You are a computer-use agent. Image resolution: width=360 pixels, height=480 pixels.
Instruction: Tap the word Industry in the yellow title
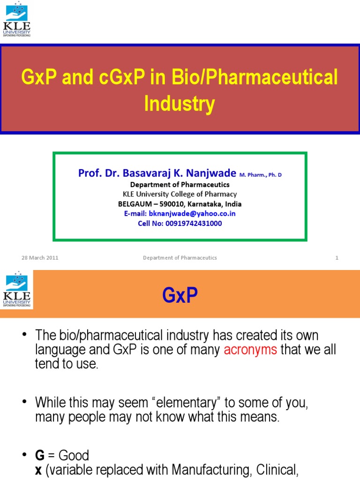tap(180, 104)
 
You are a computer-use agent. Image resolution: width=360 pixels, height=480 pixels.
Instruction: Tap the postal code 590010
tap(173, 204)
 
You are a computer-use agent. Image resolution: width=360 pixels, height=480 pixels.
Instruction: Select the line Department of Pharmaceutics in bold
tap(180, 184)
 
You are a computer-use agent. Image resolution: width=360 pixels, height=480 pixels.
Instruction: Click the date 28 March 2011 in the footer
tap(40, 258)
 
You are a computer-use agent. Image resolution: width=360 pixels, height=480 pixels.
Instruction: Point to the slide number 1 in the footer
tap(337, 258)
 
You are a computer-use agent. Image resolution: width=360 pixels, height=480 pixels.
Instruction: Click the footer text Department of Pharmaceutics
tap(180, 258)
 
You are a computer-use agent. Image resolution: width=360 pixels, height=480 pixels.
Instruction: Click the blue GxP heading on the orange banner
tap(180, 296)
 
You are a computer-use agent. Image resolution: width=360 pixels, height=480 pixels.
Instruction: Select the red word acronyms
tap(250, 350)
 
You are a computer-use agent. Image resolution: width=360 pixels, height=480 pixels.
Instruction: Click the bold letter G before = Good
tap(39, 456)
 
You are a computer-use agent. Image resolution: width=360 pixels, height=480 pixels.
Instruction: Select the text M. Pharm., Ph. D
tap(261, 175)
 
